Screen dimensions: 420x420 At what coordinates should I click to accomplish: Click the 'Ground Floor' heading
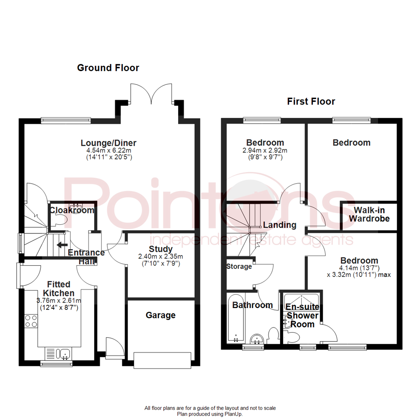[x=108, y=68]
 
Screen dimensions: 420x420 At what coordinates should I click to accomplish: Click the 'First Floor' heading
[x=311, y=102]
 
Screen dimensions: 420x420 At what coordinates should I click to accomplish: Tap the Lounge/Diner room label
[x=108, y=143]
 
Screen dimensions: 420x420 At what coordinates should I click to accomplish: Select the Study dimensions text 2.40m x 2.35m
[x=161, y=257]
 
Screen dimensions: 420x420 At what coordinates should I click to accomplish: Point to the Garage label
[x=161, y=315]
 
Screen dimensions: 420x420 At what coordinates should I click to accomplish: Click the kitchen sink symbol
[x=65, y=353]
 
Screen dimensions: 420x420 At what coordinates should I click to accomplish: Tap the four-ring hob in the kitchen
[x=31, y=321]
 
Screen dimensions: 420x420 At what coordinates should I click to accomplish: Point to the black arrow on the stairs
[x=61, y=245]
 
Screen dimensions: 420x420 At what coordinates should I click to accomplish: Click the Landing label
[x=280, y=225]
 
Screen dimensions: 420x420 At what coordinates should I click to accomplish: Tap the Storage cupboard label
[x=239, y=267]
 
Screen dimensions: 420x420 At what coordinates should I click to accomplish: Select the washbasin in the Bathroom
[x=257, y=339]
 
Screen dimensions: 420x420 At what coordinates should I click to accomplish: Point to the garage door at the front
[x=163, y=360]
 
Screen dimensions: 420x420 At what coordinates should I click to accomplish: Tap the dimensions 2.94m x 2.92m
[x=265, y=151]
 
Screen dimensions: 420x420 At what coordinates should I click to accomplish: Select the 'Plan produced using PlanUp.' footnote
[x=210, y=414]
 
